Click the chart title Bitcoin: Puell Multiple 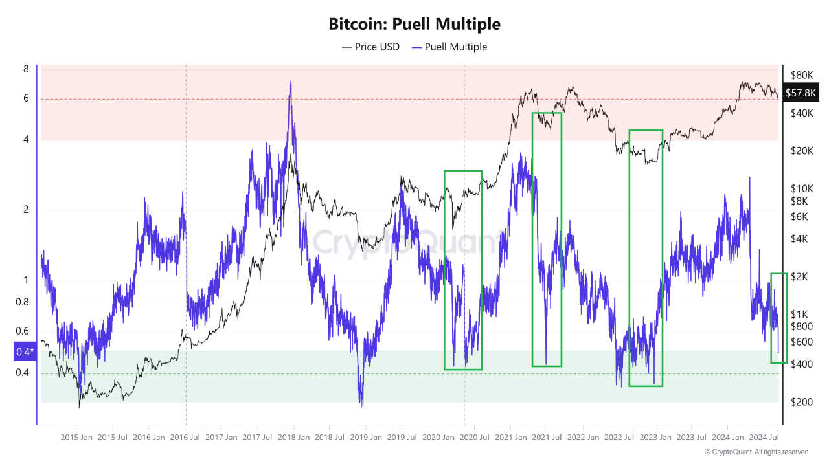tap(414, 25)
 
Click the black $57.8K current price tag tap(801, 93)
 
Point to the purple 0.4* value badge tap(24, 352)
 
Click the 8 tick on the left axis tap(26, 69)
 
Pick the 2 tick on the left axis tap(26, 210)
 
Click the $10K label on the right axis tap(801, 188)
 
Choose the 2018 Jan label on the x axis tap(293, 438)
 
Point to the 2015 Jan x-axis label tap(76, 438)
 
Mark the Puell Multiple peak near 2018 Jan tap(290, 82)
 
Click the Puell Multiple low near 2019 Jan tap(361, 406)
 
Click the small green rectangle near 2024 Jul tap(778, 318)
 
